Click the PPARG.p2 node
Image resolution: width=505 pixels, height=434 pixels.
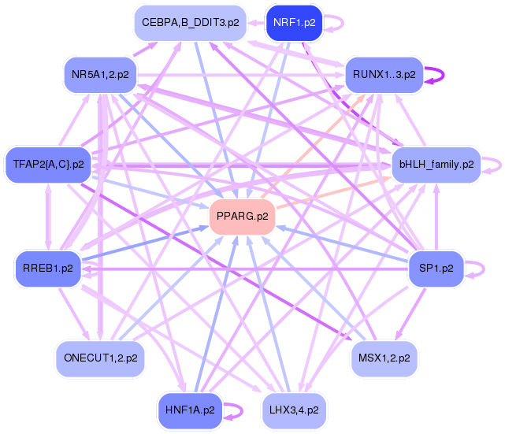pos(242,217)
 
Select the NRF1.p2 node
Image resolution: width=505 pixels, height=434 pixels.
pos(295,23)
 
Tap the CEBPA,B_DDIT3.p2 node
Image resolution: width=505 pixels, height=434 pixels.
pos(191,23)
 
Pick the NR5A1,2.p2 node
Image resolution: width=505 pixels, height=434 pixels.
pos(100,75)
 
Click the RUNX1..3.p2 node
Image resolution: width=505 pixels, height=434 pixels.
pos(384,75)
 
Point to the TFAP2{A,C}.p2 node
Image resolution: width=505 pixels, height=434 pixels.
pos(48,165)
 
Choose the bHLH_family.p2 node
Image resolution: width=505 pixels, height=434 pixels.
pos(436,165)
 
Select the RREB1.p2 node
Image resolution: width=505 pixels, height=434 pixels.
pos(48,269)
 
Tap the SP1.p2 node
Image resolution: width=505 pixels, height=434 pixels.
pos(436,269)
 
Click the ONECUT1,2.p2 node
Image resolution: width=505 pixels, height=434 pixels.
pos(100,358)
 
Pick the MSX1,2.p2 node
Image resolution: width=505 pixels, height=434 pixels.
pos(384,358)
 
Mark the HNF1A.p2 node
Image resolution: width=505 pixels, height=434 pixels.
pos(190,410)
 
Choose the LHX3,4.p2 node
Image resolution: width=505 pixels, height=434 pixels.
pos(294,410)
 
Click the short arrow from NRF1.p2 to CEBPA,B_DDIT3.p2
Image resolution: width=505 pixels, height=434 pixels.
pos(256,23)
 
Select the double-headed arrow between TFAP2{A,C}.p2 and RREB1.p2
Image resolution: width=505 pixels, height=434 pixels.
pos(48,217)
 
